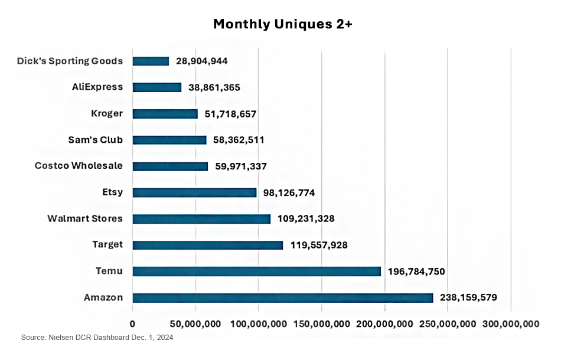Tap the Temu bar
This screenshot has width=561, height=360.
pyautogui.click(x=256, y=271)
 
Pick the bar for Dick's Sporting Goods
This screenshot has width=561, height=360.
pyautogui.click(x=151, y=61)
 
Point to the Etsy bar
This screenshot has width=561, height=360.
pyautogui.click(x=194, y=192)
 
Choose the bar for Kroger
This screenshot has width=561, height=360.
pyautogui.click(x=165, y=114)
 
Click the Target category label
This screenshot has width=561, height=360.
pyautogui.click(x=107, y=245)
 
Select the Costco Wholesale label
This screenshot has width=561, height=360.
pyautogui.click(x=79, y=166)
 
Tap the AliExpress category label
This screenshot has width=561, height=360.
pyautogui.click(x=97, y=87)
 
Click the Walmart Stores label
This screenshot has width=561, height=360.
pyautogui.click(x=85, y=218)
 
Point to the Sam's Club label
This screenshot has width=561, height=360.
pyautogui.click(x=96, y=140)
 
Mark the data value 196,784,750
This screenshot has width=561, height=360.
pyautogui.click(x=416, y=272)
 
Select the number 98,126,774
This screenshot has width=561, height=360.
pyautogui.click(x=292, y=193)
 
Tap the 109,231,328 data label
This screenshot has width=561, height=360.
pyautogui.click(x=306, y=219)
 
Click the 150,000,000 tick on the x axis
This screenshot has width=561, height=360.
pyautogui.click(x=321, y=323)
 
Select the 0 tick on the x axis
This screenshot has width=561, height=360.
pyautogui.click(x=132, y=323)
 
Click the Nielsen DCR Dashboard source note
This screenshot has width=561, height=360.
pyautogui.click(x=97, y=338)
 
